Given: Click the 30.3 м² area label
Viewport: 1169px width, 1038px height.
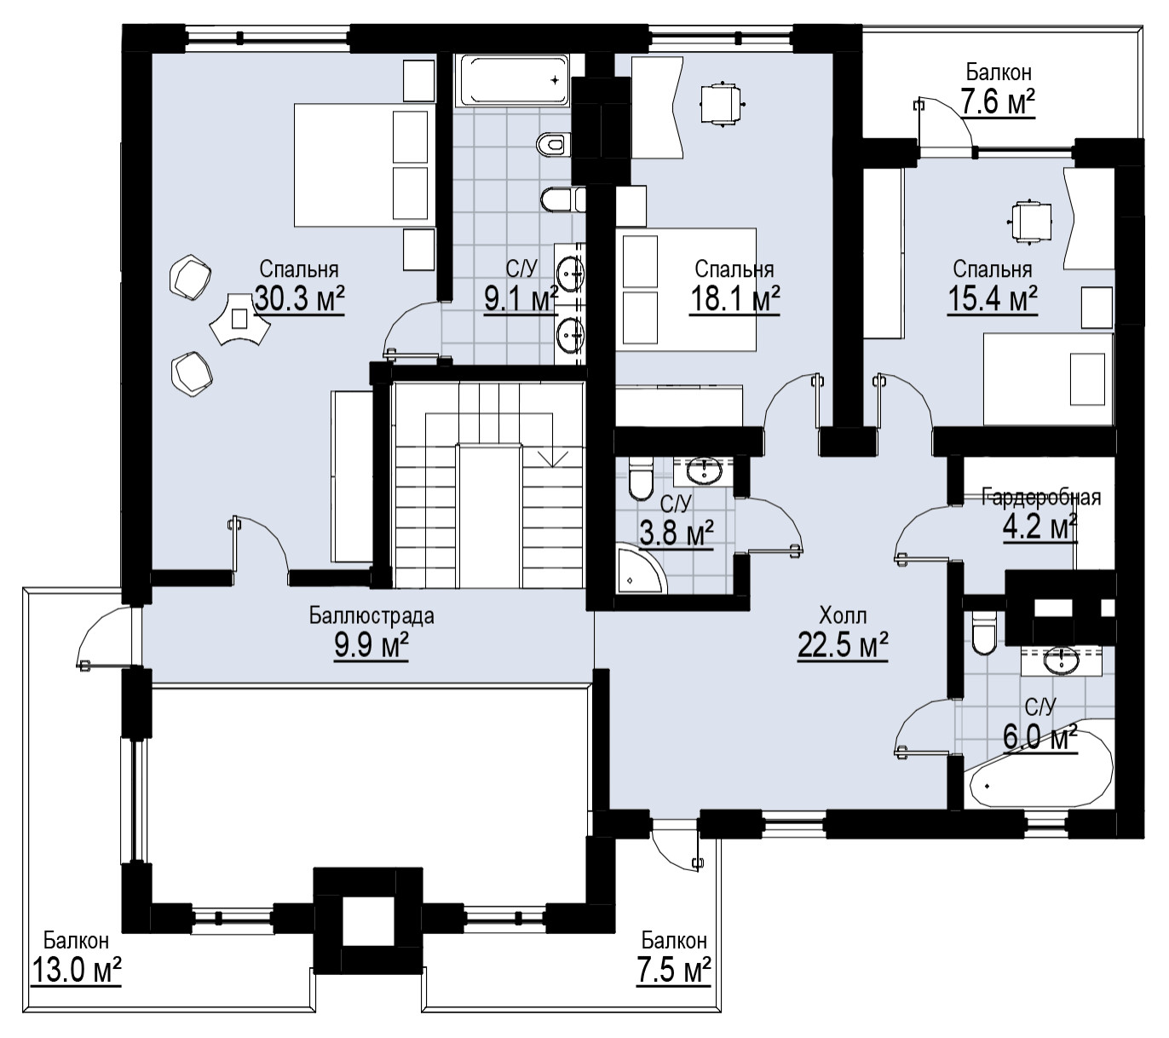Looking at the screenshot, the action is pos(299,298).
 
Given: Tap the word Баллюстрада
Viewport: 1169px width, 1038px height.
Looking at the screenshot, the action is pos(371,616).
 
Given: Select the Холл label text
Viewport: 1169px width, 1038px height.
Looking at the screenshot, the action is pos(843,616).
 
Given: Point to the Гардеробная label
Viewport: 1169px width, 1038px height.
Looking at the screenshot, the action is pos(1041,497).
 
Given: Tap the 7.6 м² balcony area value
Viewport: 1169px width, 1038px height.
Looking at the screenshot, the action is pos(998,101).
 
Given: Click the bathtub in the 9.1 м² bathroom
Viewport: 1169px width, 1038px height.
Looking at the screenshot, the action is pos(512,80).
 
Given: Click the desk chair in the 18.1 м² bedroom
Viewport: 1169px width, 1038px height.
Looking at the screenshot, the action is pos(719,104).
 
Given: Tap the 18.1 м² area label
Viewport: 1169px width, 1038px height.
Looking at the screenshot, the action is pos(734,298).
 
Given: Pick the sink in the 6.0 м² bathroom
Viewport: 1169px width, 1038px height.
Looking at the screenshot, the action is pos(1062,661).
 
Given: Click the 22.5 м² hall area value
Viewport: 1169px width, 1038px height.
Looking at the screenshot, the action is pos(843,644).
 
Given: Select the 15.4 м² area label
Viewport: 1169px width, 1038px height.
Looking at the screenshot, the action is pos(993,298).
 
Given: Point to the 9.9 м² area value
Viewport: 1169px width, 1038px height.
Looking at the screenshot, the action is pos(371,645).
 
